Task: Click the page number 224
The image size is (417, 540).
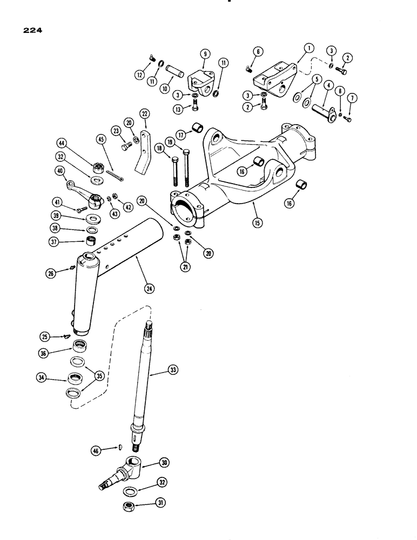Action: (32, 31)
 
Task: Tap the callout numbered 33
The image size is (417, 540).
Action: (173, 371)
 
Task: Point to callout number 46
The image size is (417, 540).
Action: (95, 449)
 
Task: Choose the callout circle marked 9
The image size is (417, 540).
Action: (205, 53)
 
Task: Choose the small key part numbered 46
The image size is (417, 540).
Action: (120, 446)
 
